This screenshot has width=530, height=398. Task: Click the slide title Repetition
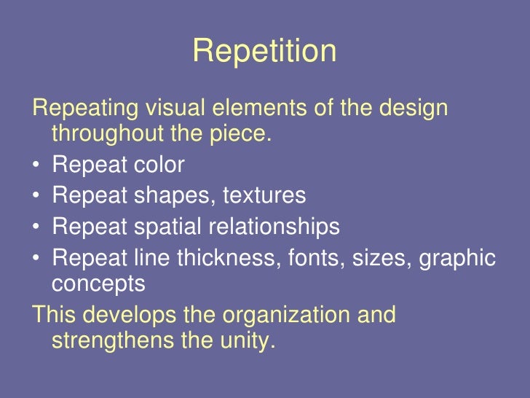point(264,52)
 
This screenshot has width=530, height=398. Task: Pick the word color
point(158,165)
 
